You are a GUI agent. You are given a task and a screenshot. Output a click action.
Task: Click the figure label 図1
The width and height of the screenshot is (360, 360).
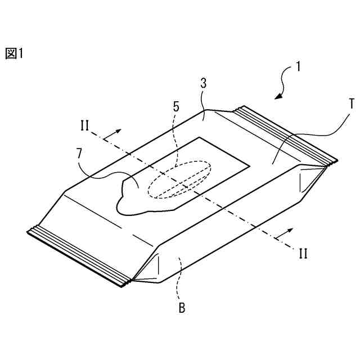point(14,53)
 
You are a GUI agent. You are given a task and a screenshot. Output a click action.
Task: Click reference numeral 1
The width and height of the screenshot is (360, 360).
point(298,66)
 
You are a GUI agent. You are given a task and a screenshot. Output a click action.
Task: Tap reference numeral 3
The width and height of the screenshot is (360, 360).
point(203,83)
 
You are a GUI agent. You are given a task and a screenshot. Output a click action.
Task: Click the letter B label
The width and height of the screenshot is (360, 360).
point(182,308)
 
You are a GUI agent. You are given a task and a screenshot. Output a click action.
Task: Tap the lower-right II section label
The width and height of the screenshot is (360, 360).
point(303,253)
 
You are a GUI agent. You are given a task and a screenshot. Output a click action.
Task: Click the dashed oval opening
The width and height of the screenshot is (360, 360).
point(179,181)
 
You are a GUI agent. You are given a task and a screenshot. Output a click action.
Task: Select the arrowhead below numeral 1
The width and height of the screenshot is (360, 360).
point(278,96)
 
